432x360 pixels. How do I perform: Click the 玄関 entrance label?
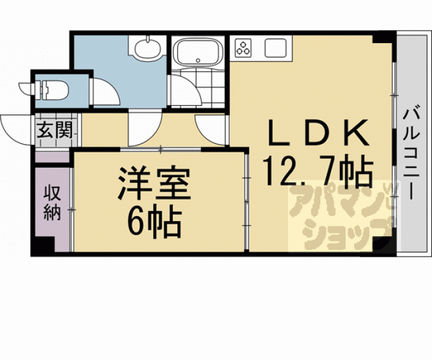(54, 130)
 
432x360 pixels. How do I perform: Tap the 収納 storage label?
(53, 203)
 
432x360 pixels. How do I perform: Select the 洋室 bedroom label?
(154, 183)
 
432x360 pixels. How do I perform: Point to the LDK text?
(319, 133)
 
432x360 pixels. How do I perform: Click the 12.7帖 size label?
(318, 172)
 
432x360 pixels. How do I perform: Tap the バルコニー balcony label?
(412, 154)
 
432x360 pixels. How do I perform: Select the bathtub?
(198, 52)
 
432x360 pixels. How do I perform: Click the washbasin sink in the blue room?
(147, 48)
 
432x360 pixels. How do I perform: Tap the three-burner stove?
(243, 48)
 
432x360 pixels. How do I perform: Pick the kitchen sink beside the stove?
(275, 48)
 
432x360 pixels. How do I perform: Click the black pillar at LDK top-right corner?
(383, 38)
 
